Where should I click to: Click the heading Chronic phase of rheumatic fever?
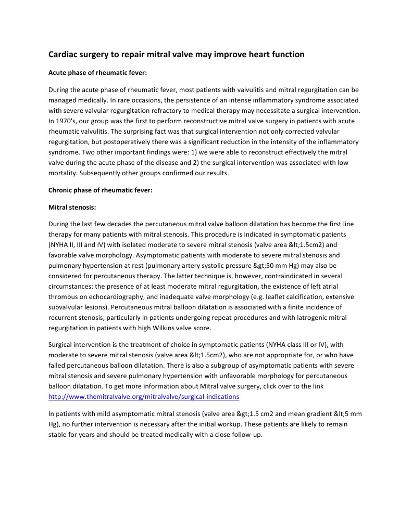click(101, 190)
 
